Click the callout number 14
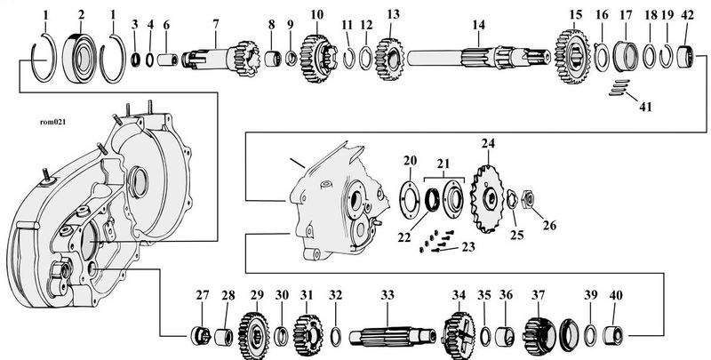pos(478,26)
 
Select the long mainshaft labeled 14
pos(479,58)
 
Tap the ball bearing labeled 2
pos(81,59)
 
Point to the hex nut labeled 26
pos(528,197)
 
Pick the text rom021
pos(52,122)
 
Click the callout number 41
pos(645,107)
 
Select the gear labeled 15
pos(573,57)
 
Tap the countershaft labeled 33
pos(393,337)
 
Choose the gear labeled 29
pos(254,335)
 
